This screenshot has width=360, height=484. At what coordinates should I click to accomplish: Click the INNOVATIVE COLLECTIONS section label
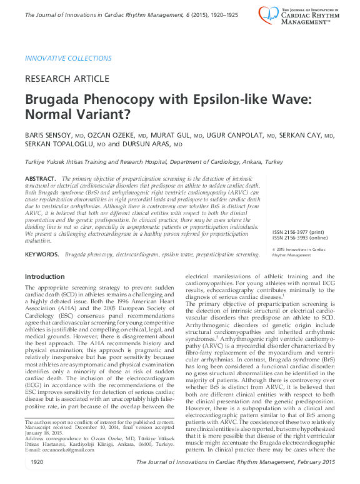[68, 59]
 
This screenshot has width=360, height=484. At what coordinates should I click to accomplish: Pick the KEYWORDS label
[42, 255]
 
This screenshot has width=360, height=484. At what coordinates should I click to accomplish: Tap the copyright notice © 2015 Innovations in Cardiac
[299, 250]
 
